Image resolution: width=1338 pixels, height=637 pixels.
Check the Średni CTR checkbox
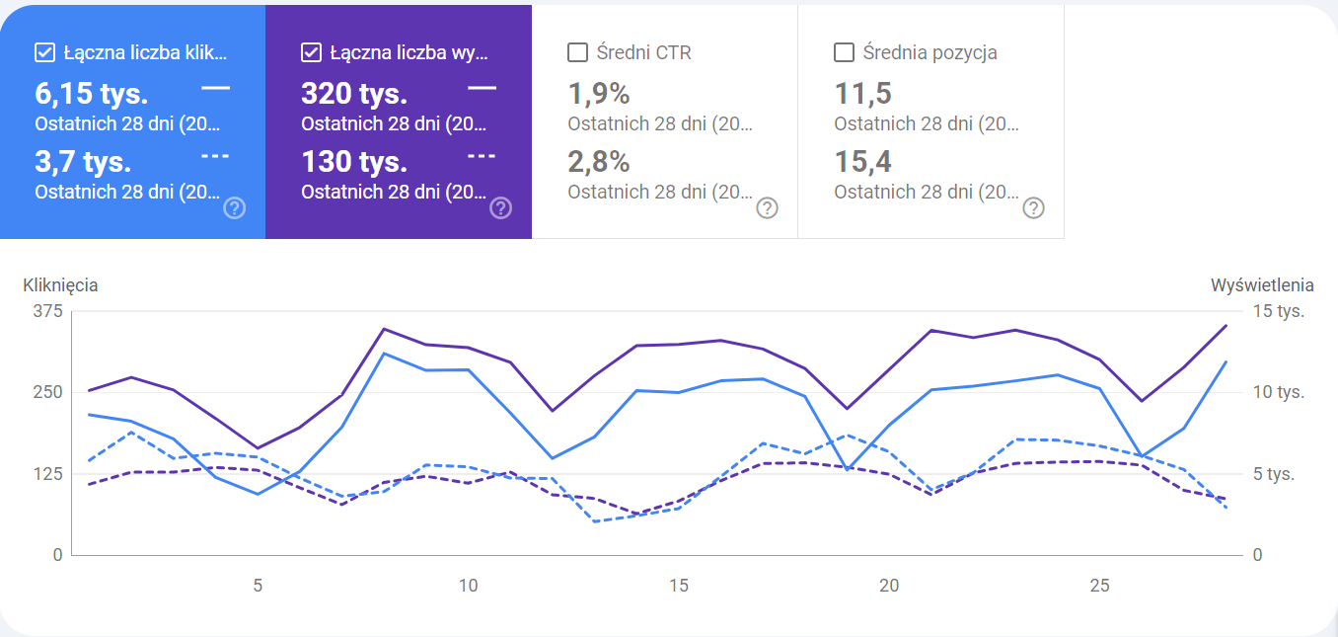point(578,52)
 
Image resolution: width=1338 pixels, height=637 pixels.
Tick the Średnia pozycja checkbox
point(844,52)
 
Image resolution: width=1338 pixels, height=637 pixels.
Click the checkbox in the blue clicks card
point(44,52)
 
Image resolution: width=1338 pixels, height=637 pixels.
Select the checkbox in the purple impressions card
point(311,52)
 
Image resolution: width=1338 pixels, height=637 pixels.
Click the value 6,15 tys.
point(91,94)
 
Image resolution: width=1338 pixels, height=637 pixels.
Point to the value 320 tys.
point(354,94)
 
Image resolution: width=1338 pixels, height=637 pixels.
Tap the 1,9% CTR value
point(599,94)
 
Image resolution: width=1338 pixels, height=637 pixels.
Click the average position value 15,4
point(862,161)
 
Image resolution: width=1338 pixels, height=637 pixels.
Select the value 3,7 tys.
point(83,161)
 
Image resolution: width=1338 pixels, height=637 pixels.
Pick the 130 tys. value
point(354,161)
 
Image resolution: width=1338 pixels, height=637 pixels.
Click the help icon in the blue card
point(235,207)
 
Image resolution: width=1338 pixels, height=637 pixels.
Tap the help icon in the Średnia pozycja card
point(1033,207)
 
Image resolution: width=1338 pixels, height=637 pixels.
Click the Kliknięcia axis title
point(60,285)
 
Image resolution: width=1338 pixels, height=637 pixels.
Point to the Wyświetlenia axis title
point(1262,285)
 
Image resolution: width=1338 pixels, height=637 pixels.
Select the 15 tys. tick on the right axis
point(1278,311)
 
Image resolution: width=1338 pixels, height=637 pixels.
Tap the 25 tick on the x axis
point(1099,586)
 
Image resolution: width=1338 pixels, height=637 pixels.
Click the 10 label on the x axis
point(468,586)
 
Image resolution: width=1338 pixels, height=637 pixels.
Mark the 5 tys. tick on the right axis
point(1274,474)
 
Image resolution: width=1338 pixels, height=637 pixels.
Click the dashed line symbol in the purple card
point(482,156)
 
